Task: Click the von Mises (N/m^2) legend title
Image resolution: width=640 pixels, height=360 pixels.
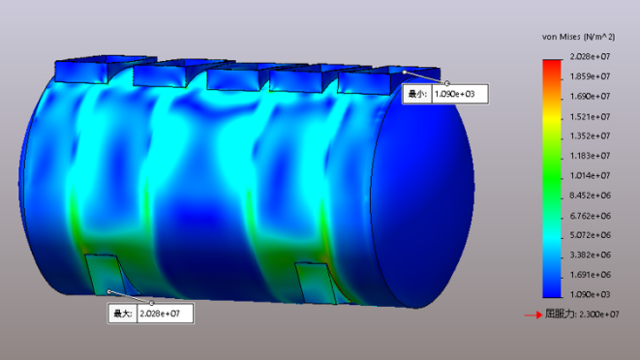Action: pos(578,37)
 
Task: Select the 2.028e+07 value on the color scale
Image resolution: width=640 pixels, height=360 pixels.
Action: pos(590,56)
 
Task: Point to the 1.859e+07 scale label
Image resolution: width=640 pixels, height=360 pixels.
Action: pos(590,76)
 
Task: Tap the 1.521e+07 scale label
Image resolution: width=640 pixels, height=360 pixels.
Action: pos(590,117)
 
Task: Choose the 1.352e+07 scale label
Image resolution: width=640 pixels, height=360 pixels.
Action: pos(590,135)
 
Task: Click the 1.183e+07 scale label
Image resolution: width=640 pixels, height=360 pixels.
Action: pos(590,156)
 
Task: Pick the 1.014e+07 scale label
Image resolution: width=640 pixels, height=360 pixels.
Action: pos(590,175)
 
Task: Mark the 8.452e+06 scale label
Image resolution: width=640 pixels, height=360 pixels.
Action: pos(591,195)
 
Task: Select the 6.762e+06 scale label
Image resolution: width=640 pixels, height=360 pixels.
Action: pos(591,216)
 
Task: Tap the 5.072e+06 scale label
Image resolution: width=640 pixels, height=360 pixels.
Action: pos(591,235)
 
